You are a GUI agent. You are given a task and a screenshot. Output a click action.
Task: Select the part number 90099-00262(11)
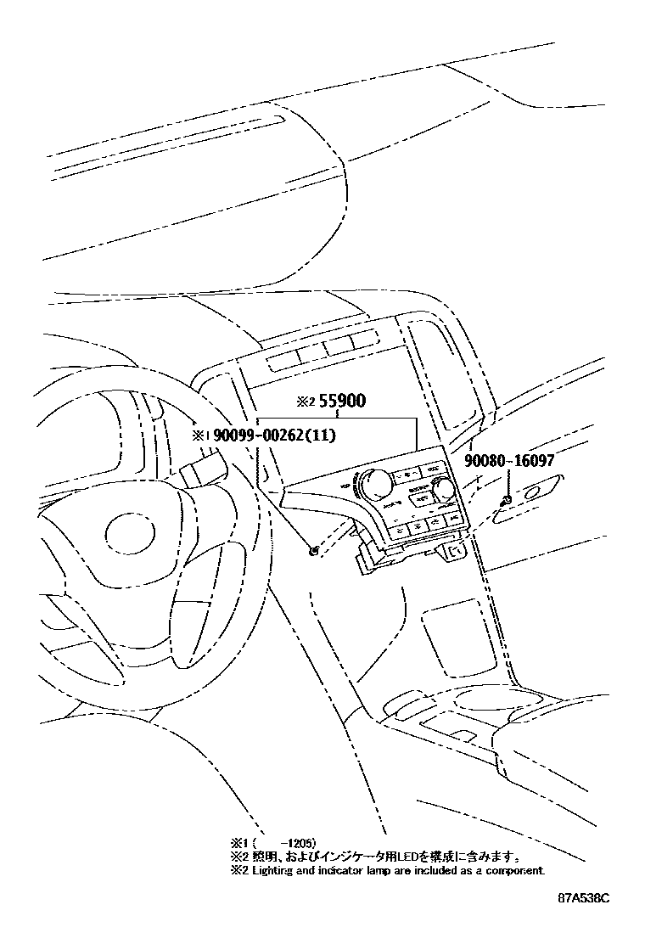point(274,436)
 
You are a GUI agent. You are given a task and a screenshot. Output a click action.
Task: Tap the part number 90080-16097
point(509,461)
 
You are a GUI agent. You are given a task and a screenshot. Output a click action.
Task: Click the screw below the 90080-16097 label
point(506,499)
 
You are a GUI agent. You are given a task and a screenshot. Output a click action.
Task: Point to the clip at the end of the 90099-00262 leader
point(314,551)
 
